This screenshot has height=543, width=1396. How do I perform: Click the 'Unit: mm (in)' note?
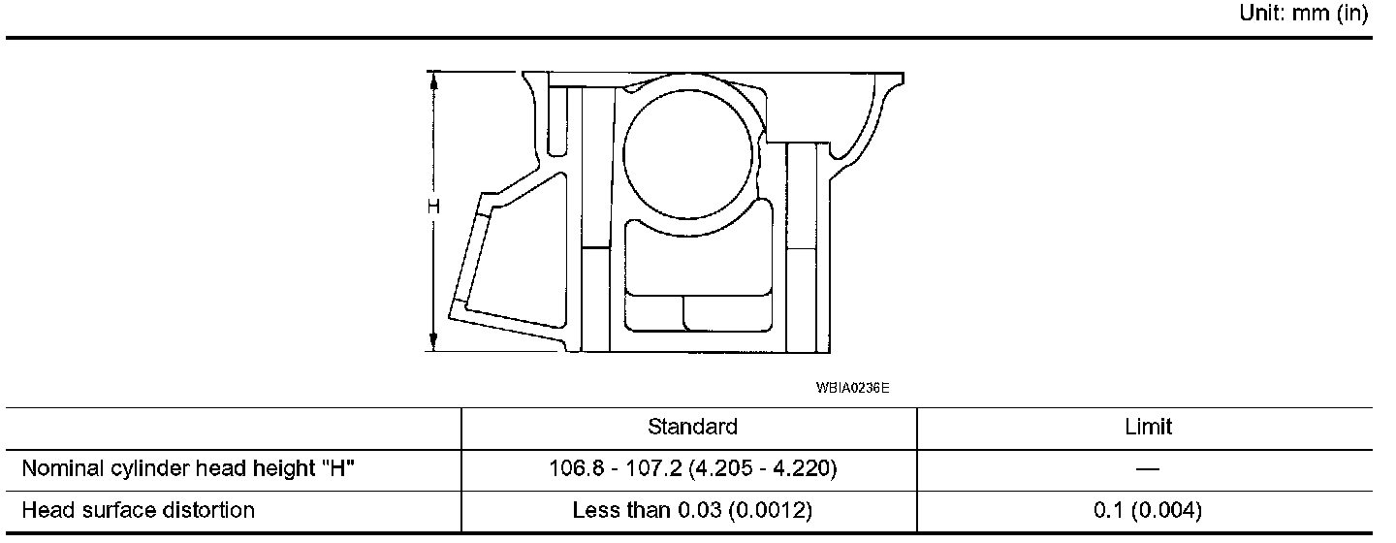coord(1303,13)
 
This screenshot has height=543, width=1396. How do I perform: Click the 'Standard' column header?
coord(692,427)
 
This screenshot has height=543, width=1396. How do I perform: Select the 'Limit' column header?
coord(1148,427)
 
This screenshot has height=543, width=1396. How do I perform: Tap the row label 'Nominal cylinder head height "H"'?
coord(188,468)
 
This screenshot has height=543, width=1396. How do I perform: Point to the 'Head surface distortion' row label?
coord(139,510)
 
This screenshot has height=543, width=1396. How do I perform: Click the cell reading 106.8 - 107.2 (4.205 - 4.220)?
coord(692,468)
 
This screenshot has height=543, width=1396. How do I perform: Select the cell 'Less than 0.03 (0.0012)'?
coord(692,510)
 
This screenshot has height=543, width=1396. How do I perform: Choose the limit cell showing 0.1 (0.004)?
coord(1148,510)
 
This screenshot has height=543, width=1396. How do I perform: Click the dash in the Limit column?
coord(1148,468)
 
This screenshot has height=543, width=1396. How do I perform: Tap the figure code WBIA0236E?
coord(852,388)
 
